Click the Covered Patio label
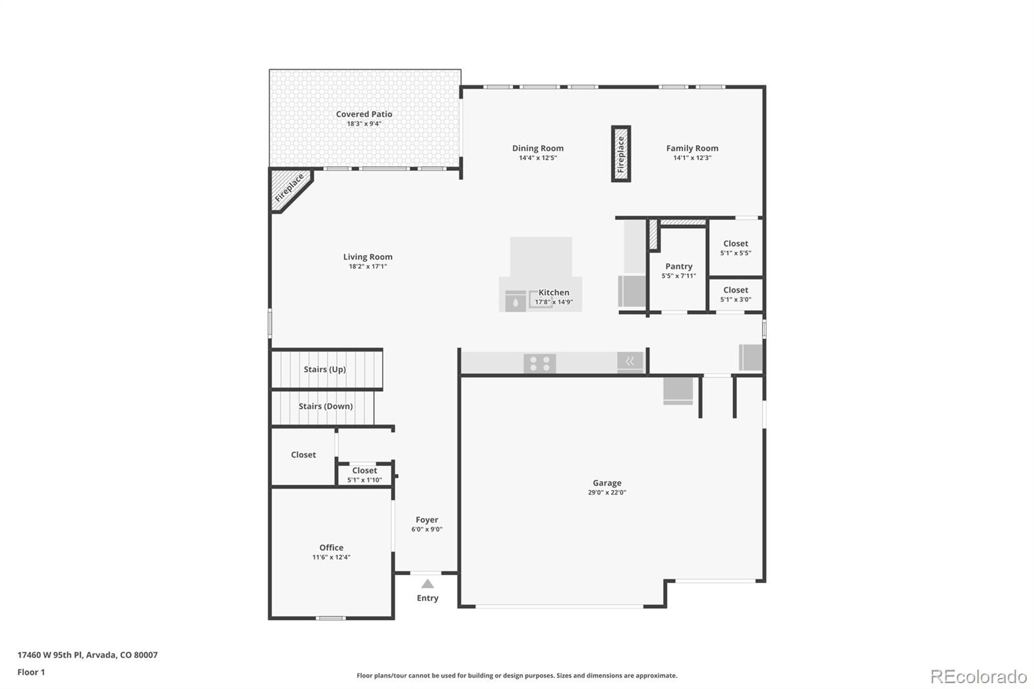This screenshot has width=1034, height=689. pos(364,114)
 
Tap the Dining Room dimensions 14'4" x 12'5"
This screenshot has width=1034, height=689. pos(538,158)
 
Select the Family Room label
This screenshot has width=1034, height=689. pos(692,148)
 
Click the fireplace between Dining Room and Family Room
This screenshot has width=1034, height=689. pos(621,154)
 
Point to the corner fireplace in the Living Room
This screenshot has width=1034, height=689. pos(288,188)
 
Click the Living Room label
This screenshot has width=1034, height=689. pos(368,257)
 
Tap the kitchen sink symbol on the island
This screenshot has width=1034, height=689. pos(516,301)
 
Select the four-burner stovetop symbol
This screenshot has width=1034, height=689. pos(540,364)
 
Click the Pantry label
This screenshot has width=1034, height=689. pos(679,266)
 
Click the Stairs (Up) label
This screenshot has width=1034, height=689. pos(324,369)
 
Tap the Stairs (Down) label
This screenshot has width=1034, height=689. pos(325,406)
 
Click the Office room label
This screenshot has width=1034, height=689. pos(331,547)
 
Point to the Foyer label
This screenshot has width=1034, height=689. pos(427,520)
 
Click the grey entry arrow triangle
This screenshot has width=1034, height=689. pos(427,584)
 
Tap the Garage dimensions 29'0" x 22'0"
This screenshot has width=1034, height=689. pos(607,493)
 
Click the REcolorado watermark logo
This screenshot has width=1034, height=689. pos(978,676)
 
